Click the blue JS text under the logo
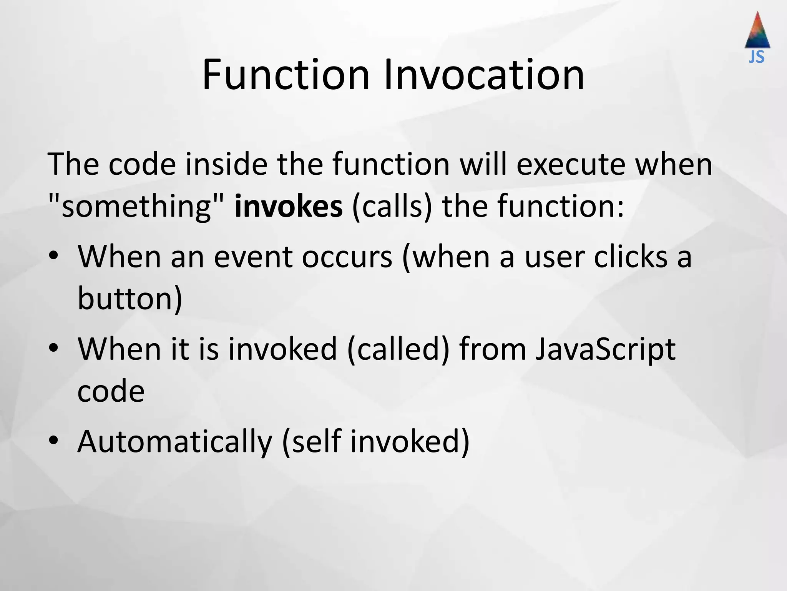tap(757, 57)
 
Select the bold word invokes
tap(288, 206)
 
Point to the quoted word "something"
tap(136, 206)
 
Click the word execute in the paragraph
tap(571, 164)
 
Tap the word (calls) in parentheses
tap(392, 206)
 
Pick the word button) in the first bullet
tap(130, 299)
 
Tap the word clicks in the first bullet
tap(630, 257)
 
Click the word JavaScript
tap(605, 349)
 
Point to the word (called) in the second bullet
tap(398, 349)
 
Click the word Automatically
tap(175, 442)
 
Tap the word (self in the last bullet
tap(311, 442)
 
